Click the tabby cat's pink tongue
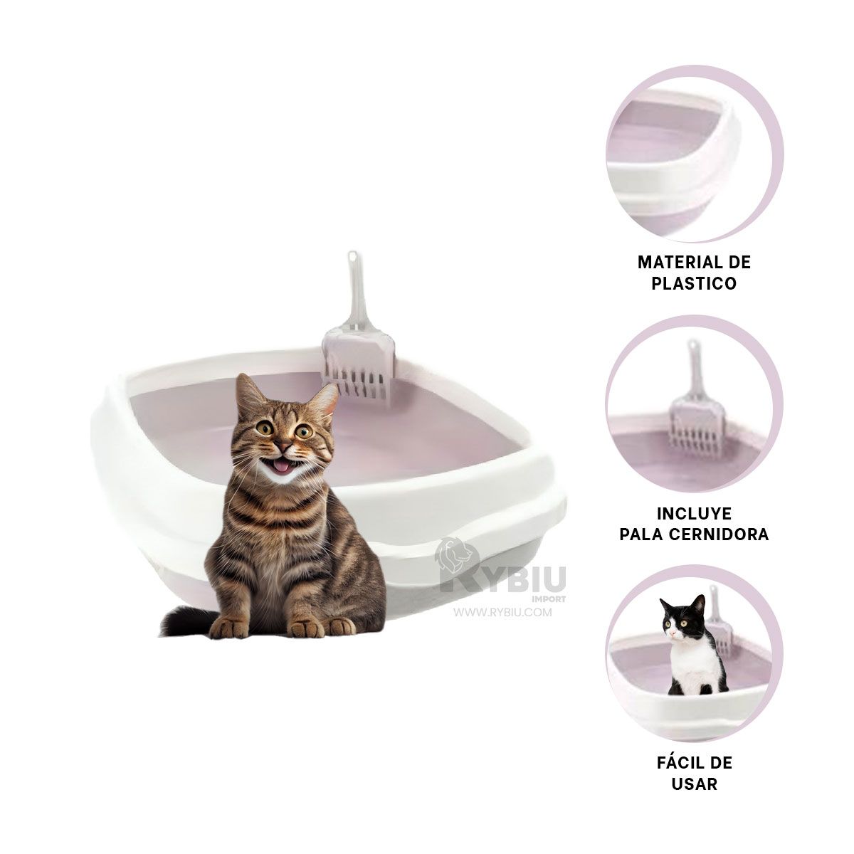point(280,465)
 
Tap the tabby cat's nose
point(283,446)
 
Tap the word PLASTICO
point(694,283)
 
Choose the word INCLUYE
point(694,514)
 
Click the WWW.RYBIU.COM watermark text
point(502,613)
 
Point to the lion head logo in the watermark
point(456,557)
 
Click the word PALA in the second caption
point(641,534)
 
